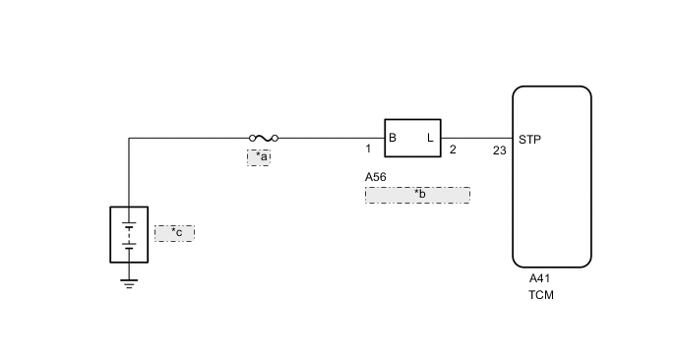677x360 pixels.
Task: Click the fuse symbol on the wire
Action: point(263,139)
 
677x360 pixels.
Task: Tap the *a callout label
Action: point(259,156)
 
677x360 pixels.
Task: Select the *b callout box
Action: point(417,194)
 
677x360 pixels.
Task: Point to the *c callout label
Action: point(174,233)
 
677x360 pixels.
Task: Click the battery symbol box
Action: point(129,234)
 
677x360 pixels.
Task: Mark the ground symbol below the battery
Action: point(129,282)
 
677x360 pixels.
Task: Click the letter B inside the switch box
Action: point(393,138)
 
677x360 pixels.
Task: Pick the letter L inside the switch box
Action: point(430,138)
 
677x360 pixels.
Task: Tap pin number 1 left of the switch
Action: point(368,150)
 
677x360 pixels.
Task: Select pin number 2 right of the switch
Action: point(453,150)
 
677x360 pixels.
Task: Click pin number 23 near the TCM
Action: point(499,150)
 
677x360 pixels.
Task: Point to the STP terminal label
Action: point(528,138)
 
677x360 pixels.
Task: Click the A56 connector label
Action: point(375,177)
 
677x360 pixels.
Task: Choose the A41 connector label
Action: point(539,278)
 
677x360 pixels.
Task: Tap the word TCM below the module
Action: point(541,294)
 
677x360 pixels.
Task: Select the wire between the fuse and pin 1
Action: point(330,139)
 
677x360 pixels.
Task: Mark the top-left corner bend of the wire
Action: point(129,139)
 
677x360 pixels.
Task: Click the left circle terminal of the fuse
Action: point(252,139)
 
